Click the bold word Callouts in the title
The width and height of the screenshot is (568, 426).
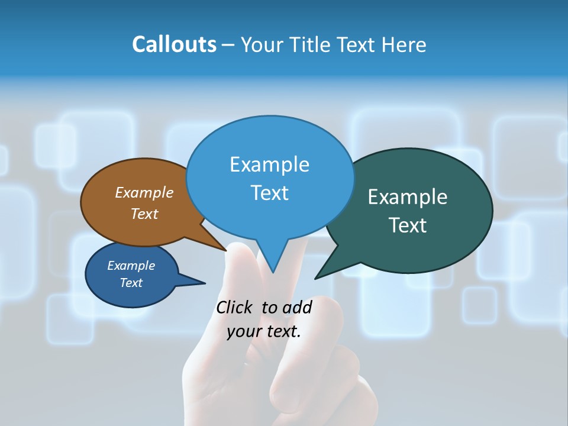click(174, 44)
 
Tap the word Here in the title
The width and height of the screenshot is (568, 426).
click(405, 44)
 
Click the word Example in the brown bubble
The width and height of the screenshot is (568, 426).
click(144, 192)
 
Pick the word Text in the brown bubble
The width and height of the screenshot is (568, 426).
click(144, 214)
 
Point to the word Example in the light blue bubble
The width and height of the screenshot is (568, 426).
click(269, 164)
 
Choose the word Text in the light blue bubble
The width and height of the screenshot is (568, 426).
click(269, 192)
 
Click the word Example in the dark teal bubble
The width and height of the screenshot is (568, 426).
click(407, 197)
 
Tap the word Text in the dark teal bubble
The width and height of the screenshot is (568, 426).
click(407, 225)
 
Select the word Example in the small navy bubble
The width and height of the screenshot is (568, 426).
click(131, 266)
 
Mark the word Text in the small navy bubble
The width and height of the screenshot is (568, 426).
click(131, 283)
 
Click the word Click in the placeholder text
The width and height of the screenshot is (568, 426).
click(234, 307)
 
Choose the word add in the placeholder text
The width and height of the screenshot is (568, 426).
click(297, 307)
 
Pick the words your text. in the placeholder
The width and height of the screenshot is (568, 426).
click(264, 331)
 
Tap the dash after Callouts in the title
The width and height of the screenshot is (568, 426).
click(228, 45)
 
